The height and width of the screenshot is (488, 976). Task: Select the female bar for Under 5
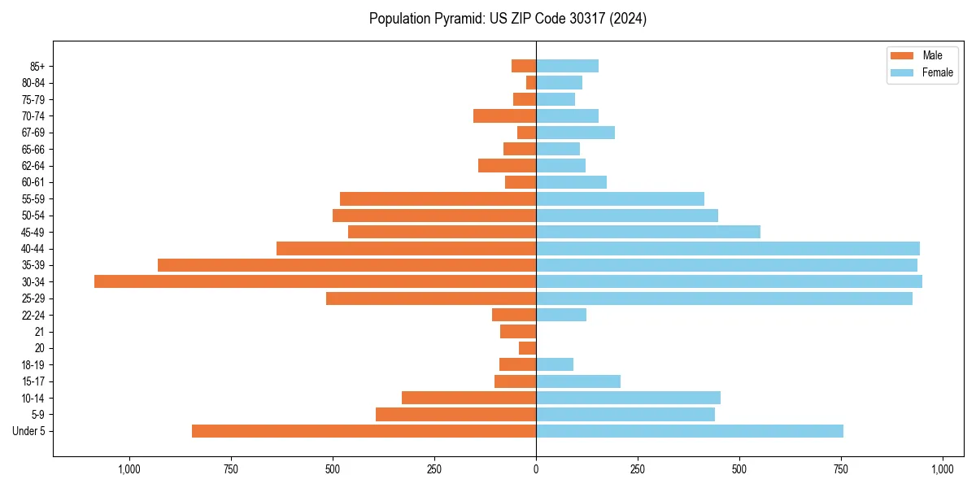[689, 431]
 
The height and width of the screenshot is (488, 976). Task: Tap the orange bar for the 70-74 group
[504, 115]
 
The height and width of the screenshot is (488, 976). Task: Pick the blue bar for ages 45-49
[647, 232]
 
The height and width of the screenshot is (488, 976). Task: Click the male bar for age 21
[518, 331]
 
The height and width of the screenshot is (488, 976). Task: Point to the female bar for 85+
[567, 66]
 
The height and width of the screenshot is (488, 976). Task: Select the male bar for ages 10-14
[468, 398]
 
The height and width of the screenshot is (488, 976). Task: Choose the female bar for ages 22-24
[561, 315]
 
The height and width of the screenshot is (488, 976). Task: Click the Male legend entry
[932, 55]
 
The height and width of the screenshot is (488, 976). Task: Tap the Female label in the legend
[937, 72]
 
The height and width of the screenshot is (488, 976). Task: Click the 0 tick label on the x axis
[536, 469]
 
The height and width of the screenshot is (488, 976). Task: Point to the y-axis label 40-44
[33, 249]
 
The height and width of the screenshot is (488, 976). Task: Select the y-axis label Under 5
[29, 431]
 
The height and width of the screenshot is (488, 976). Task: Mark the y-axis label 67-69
[33, 133]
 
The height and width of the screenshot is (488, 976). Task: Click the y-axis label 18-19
[33, 365]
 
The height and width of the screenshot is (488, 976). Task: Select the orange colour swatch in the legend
[902, 55]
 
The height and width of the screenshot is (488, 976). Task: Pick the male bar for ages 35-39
[346, 265]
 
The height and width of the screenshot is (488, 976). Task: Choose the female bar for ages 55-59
[620, 198]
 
